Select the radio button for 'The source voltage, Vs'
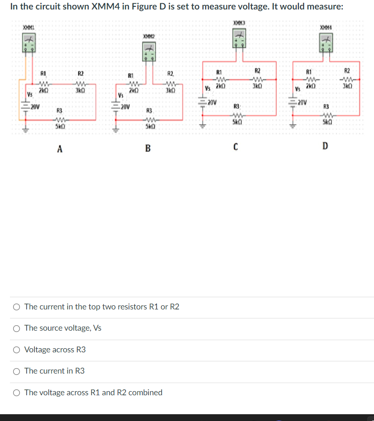point(16,328)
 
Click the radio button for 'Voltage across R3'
point(16,350)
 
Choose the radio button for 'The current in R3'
point(16,371)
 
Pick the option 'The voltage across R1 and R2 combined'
point(16,393)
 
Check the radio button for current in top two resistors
point(16,307)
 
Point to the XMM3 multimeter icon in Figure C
point(239,37)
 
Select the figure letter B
point(147,148)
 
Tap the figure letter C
point(236,147)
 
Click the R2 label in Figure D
point(347,70)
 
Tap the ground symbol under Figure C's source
point(203,126)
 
